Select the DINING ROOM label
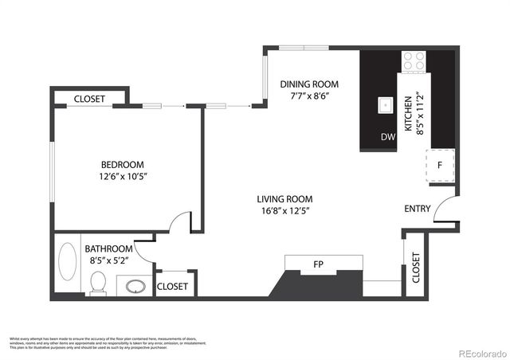pyautogui.click(x=309, y=84)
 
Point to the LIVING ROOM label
pyautogui.click(x=284, y=199)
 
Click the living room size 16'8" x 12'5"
pyautogui.click(x=284, y=211)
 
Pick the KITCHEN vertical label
pyautogui.click(x=408, y=112)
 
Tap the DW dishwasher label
pyautogui.click(x=388, y=137)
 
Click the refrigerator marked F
pyautogui.click(x=439, y=166)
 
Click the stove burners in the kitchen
pyautogui.click(x=414, y=59)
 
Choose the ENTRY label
pyautogui.click(x=418, y=209)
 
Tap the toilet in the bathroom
pyautogui.click(x=98, y=281)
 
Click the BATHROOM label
pyautogui.click(x=108, y=248)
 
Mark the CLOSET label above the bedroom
pyautogui.click(x=90, y=99)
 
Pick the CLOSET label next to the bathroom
pyautogui.click(x=172, y=286)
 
